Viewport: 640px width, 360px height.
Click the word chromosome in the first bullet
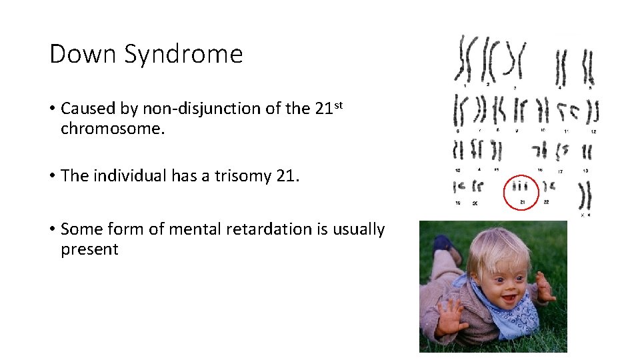pyautogui.click(x=111, y=128)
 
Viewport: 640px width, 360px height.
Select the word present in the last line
pyautogui.click(x=89, y=250)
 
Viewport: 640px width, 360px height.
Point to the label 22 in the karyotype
pyautogui.click(x=546, y=202)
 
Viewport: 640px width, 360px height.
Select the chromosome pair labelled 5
pyautogui.click(x=588, y=67)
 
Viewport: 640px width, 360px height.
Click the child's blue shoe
pyautogui.click(x=443, y=244)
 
